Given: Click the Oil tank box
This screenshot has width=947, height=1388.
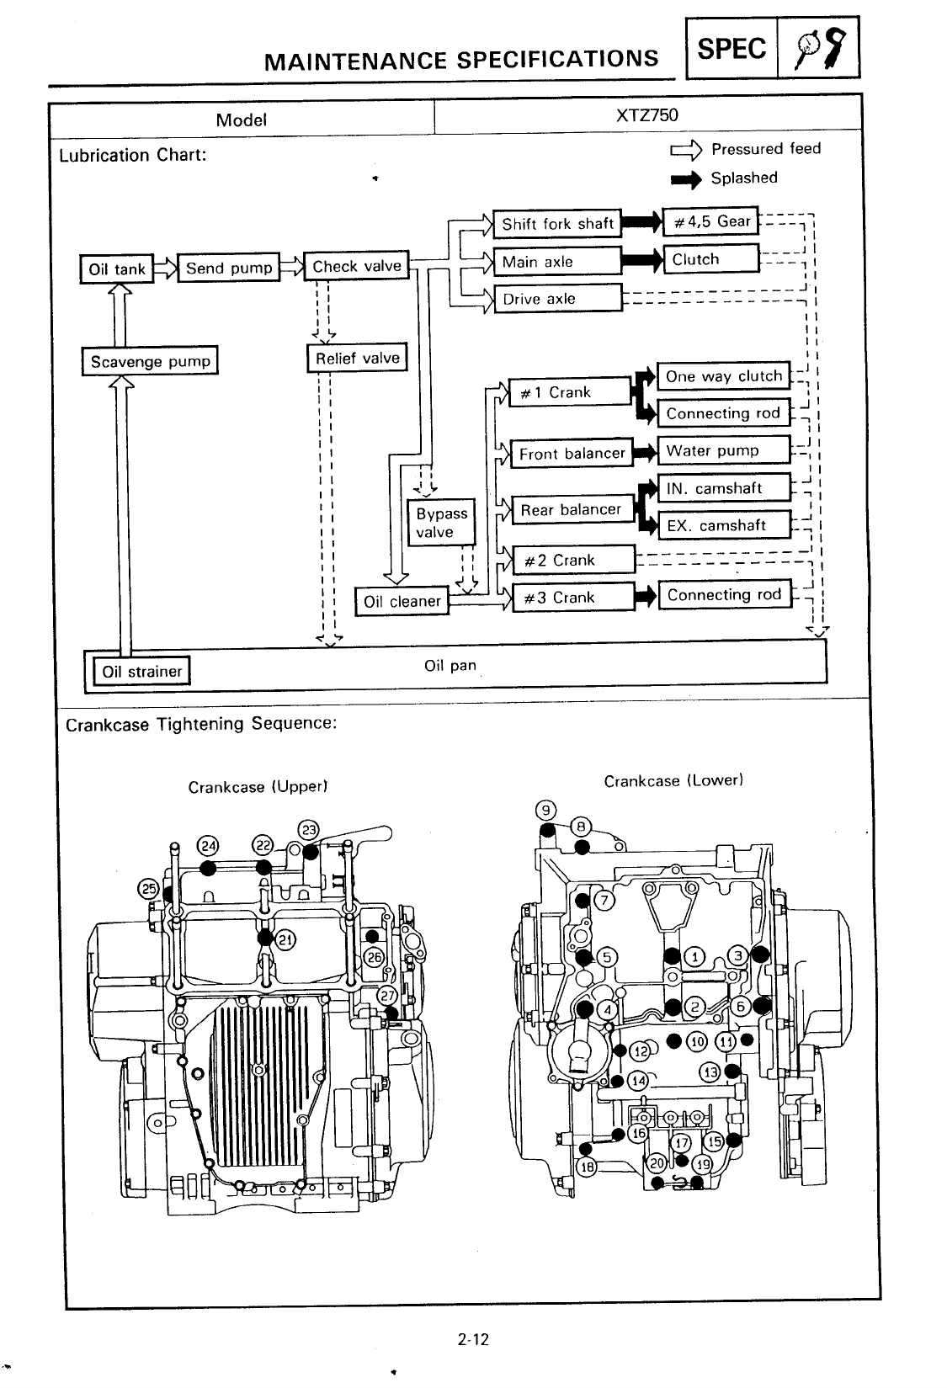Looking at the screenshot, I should tap(117, 269).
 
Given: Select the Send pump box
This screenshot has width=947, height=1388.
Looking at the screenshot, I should tap(228, 268).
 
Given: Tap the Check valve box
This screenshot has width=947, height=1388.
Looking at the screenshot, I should tap(356, 266).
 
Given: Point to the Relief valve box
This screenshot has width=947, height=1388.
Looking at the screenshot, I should tap(357, 358).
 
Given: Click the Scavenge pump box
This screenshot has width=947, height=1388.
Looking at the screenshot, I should tap(150, 361).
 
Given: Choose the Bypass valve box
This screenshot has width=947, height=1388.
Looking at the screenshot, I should tap(441, 523).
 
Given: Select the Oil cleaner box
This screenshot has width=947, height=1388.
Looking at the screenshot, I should tap(402, 601).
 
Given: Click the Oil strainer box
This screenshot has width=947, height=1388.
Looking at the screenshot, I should tap(141, 671).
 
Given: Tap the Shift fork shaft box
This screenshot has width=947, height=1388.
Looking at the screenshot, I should tap(557, 223).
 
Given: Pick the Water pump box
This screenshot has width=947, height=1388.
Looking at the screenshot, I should tap(723, 450).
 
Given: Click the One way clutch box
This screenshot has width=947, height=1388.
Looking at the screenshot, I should tap(723, 376).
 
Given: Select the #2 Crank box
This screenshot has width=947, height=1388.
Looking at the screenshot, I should tap(573, 560).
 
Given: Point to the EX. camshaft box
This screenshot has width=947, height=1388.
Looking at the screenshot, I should tap(723, 525).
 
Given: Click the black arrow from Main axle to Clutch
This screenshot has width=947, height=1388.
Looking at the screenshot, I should tap(642, 261).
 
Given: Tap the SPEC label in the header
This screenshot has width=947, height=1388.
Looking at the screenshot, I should tap(732, 49).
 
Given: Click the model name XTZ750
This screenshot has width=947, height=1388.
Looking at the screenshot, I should tap(646, 115).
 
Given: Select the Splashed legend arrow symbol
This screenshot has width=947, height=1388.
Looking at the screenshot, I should tap(685, 178).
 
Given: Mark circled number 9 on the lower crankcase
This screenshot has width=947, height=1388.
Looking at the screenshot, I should tap(546, 811).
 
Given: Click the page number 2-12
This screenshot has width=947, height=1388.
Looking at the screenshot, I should tap(473, 1339).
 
